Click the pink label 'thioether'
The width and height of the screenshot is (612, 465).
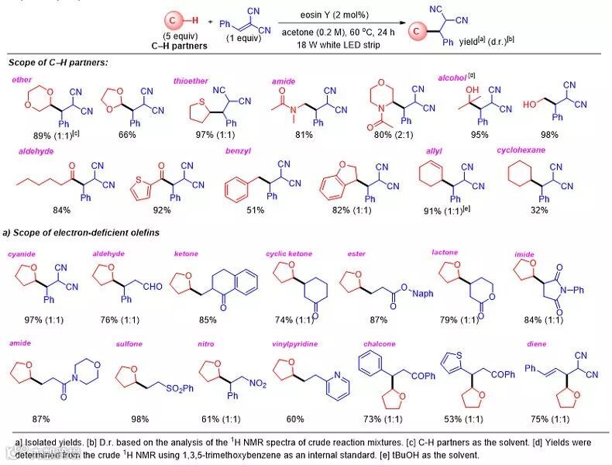(x=190, y=81)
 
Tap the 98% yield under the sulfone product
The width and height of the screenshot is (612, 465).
(x=143, y=418)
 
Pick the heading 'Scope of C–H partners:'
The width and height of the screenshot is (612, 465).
(x=58, y=62)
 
